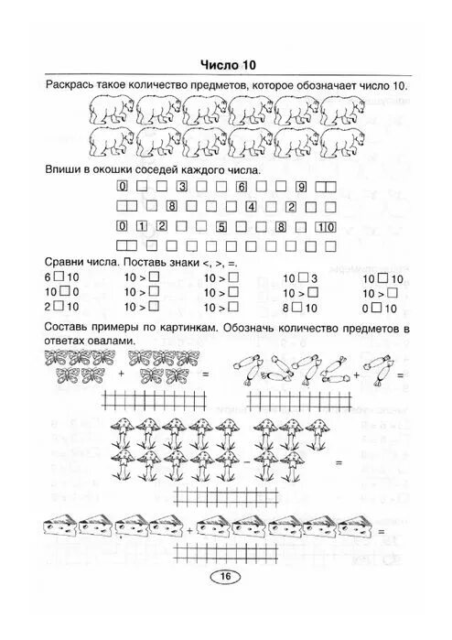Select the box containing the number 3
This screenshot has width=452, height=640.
pos(182,186)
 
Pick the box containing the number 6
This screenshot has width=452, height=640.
pos(242,186)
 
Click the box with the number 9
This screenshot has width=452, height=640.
pos(301,186)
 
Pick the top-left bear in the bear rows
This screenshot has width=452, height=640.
pos(112,111)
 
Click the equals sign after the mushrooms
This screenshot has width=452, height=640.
pos(339,463)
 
